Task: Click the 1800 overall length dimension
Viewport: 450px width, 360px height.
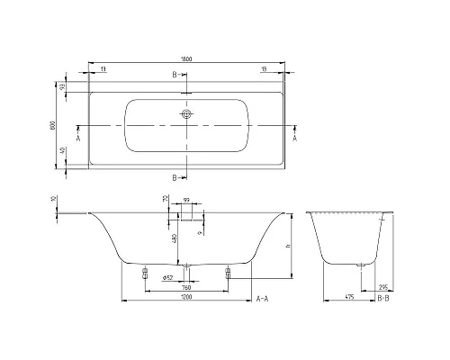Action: [186, 58]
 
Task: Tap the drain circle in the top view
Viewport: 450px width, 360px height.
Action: [186, 115]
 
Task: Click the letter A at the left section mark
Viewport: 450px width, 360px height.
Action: [78, 139]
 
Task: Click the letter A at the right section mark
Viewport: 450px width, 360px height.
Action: [295, 139]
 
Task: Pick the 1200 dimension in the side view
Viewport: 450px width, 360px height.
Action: [186, 298]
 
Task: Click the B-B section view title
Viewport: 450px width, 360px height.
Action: [382, 298]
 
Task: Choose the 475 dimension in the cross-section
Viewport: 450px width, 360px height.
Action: [346, 298]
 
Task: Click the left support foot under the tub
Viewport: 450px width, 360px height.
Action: [145, 274]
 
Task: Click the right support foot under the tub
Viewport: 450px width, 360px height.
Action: [228, 274]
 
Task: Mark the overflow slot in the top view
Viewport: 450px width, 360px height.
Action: [186, 91]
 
